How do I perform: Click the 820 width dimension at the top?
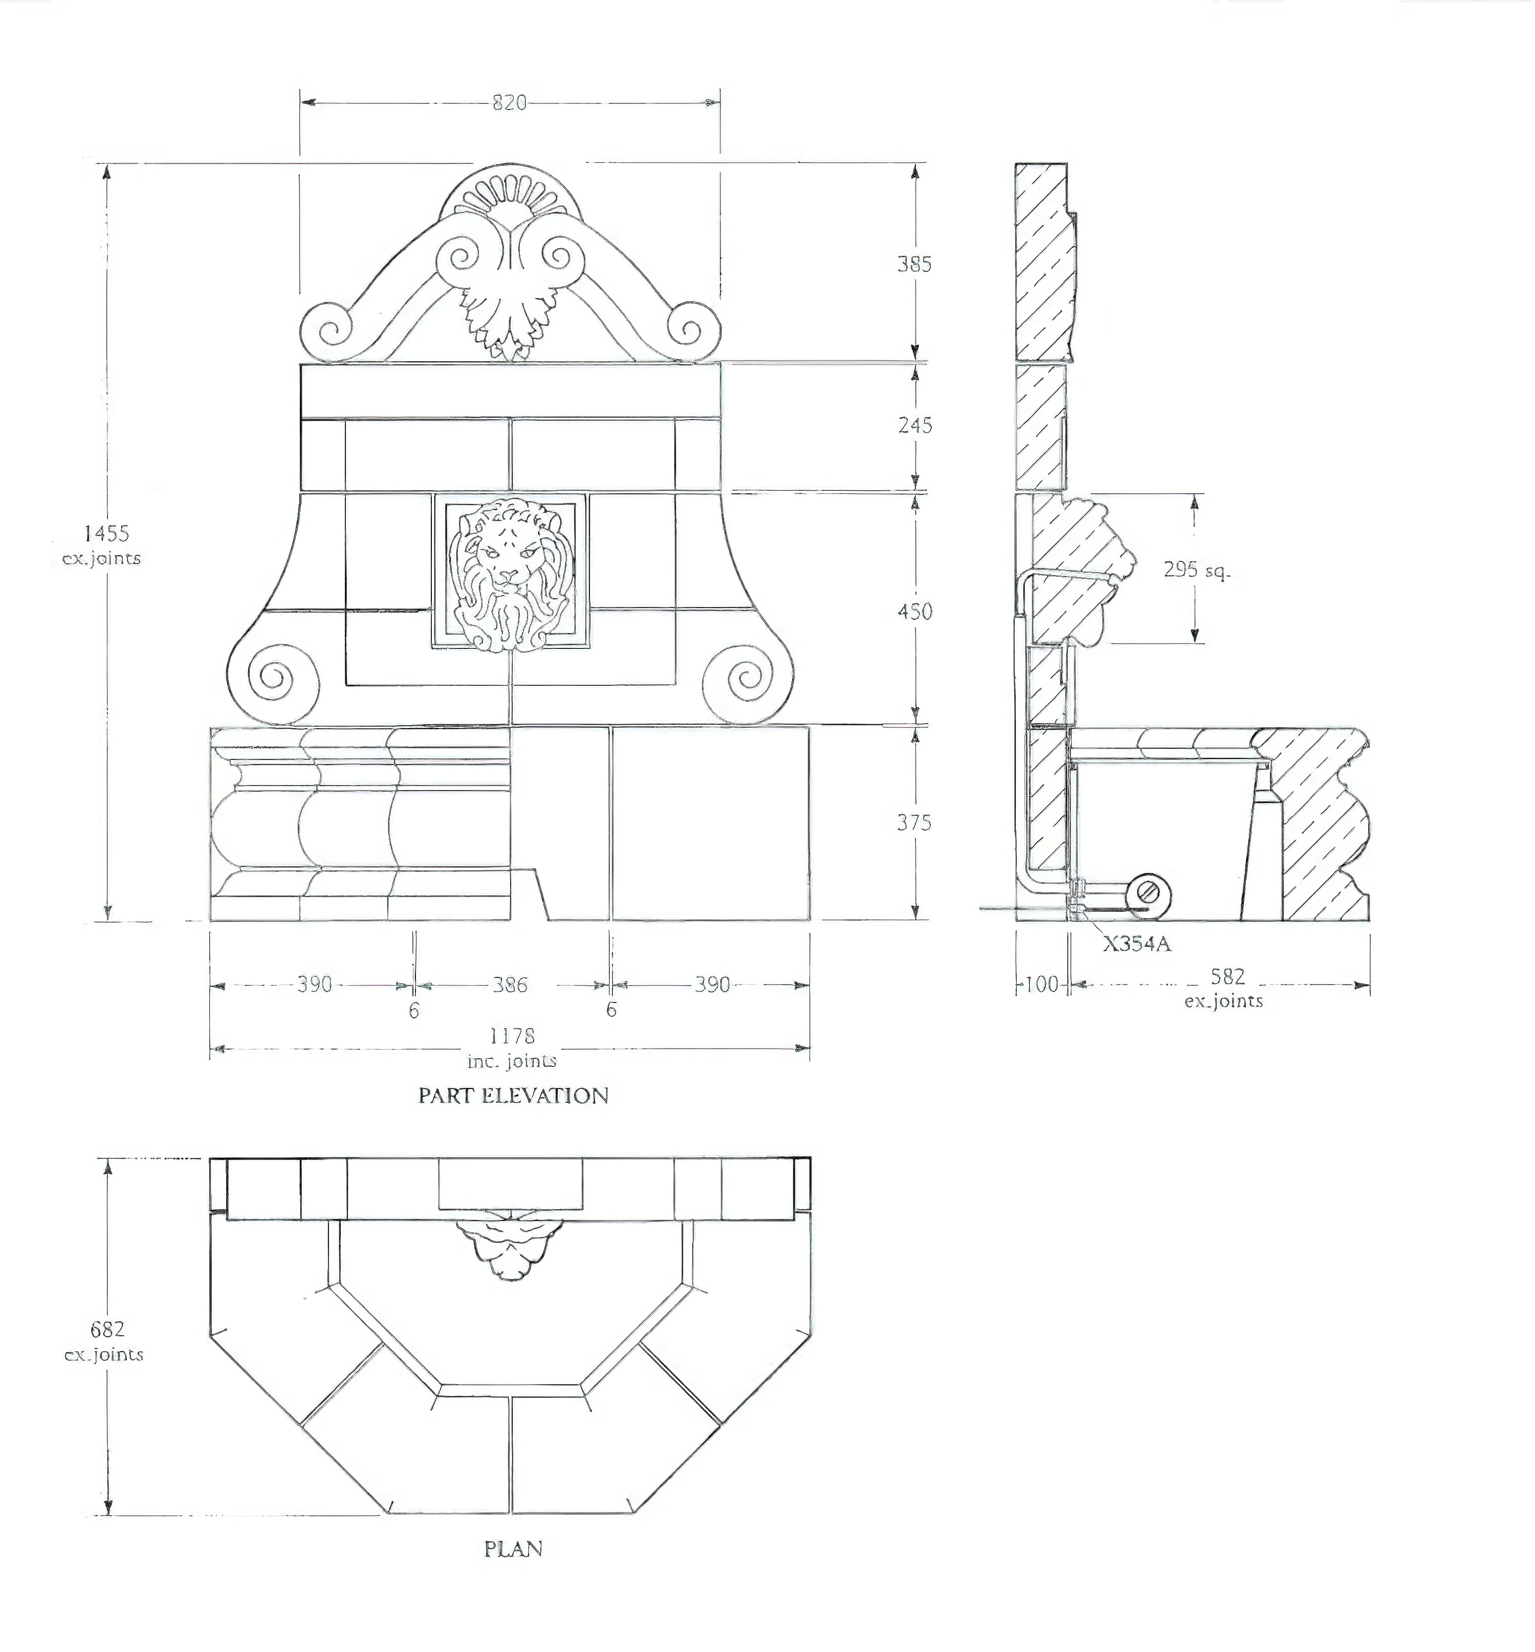coord(509,102)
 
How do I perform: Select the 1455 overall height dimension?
coord(106,533)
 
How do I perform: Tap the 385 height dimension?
coord(914,264)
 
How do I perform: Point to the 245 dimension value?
coord(914,425)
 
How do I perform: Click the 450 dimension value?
coord(914,612)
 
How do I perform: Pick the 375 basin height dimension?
coord(914,823)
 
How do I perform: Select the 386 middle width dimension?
coord(510,985)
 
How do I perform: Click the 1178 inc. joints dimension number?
coord(512,1035)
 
